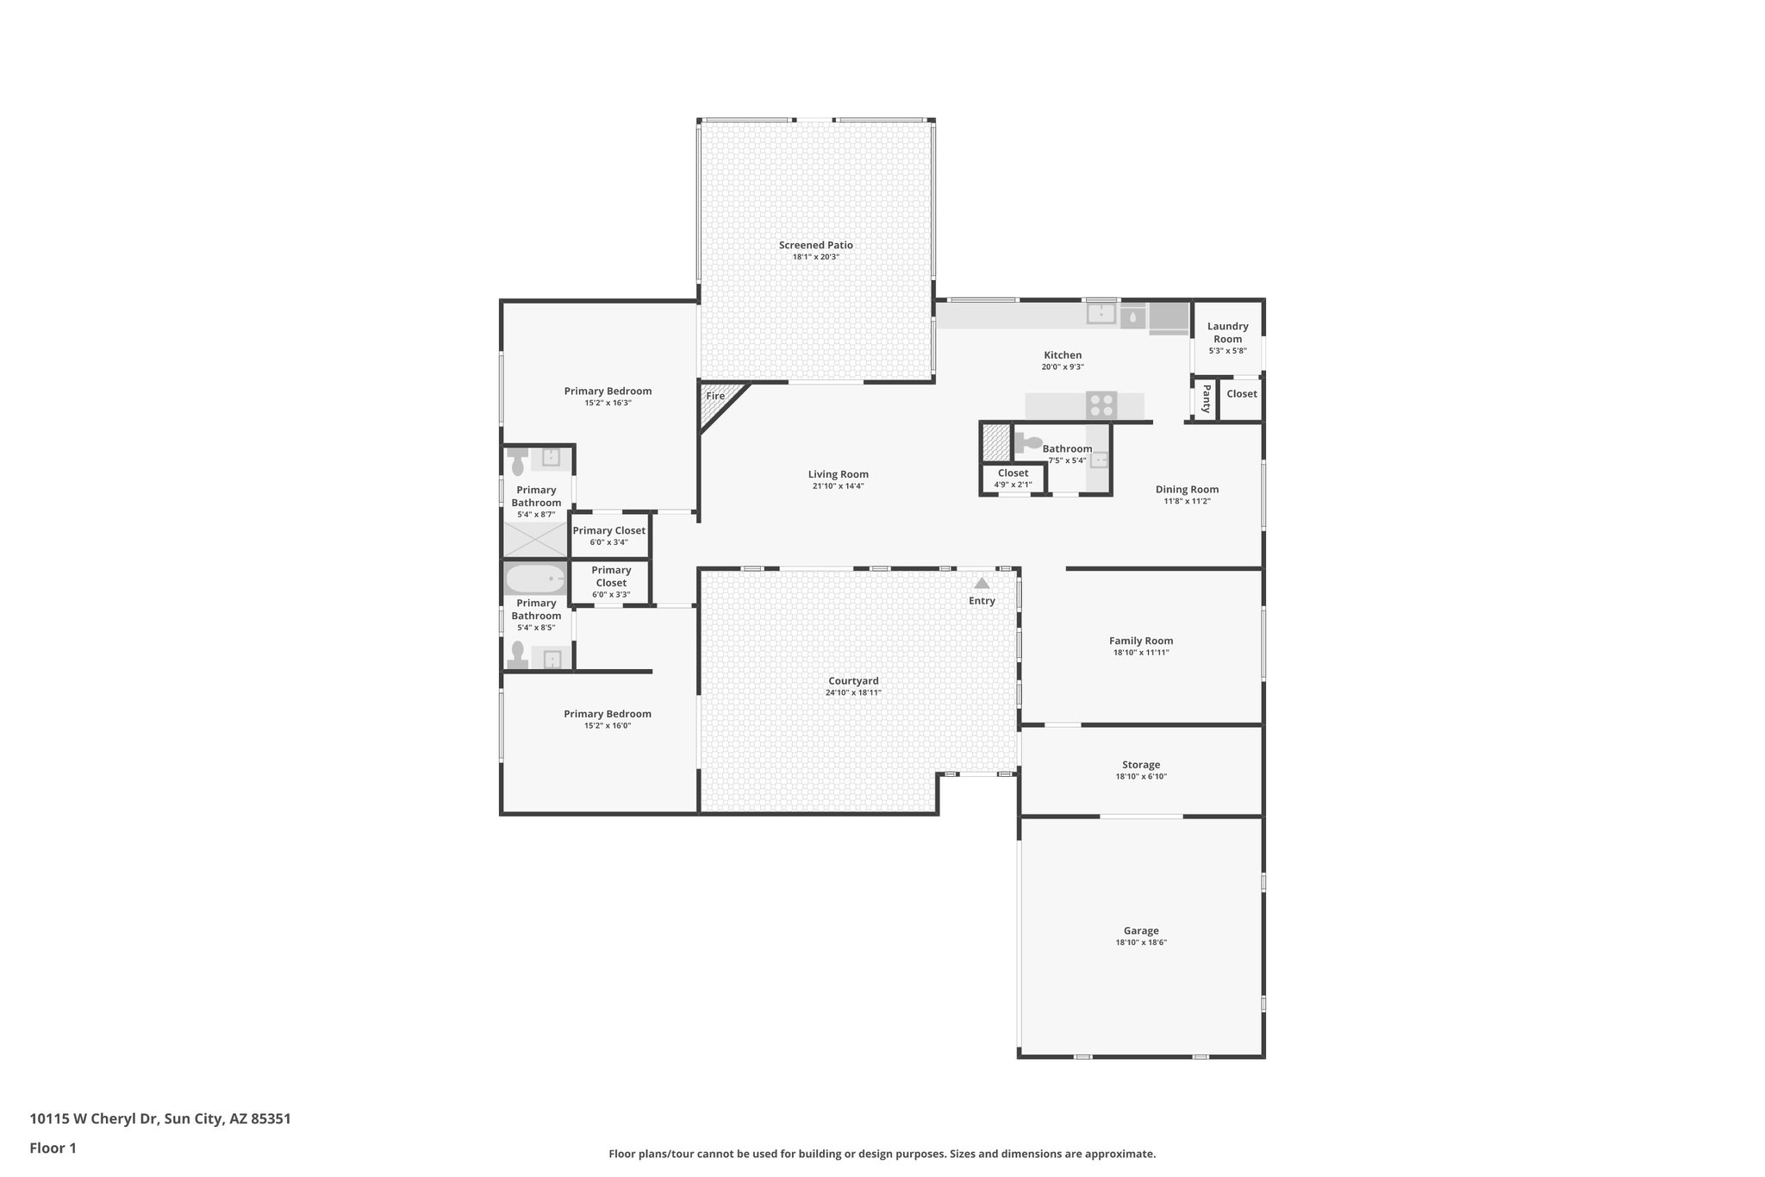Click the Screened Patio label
point(815,245)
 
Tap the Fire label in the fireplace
point(715,396)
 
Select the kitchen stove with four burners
point(1101,404)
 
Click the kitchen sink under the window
point(1101,314)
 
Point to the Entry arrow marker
point(982,584)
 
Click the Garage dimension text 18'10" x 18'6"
point(1140,942)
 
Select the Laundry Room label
point(1227,332)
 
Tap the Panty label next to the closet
point(1206,398)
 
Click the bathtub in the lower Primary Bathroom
point(534,578)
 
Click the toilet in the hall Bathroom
point(1027,443)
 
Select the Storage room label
point(1140,765)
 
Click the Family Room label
point(1140,641)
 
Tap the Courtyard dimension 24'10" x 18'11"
point(852,692)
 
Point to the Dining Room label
point(1187,489)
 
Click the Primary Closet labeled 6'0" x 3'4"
point(608,535)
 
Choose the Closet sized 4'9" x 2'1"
point(1013,479)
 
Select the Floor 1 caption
point(53,1148)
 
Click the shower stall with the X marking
point(535,539)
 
